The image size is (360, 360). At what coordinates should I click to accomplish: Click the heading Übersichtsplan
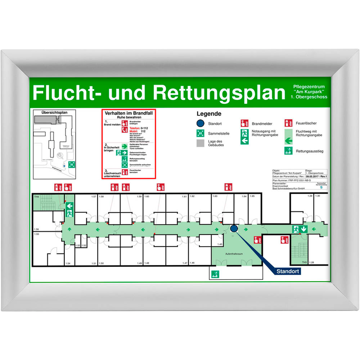click(x=55, y=112)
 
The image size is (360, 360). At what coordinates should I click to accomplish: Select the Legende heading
click(x=208, y=113)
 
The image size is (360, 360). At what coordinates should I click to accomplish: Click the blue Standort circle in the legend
click(x=200, y=123)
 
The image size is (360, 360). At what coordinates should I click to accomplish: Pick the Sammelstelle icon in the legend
click(x=200, y=133)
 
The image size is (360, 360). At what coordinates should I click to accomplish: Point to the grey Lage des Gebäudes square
click(x=200, y=144)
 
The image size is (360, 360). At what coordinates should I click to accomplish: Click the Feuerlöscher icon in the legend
click(x=288, y=123)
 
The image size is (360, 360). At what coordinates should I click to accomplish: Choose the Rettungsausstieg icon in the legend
click(x=288, y=151)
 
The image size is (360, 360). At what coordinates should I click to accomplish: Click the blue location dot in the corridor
click(x=234, y=229)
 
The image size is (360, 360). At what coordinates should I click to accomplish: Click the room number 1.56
click(x=36, y=229)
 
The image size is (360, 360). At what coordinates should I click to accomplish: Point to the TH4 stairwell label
click(x=36, y=197)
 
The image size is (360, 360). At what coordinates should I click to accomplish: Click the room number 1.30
click(x=317, y=196)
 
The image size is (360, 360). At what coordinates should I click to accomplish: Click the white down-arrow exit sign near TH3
click(x=305, y=229)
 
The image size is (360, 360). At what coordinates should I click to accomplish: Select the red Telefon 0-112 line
click(x=138, y=128)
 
